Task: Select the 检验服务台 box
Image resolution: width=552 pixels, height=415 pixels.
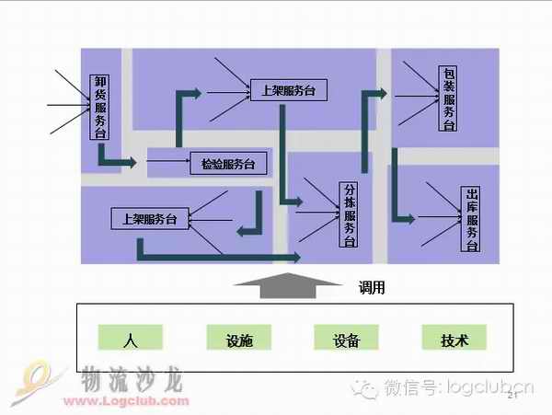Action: click(x=227, y=165)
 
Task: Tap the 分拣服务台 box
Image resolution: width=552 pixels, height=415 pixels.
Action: click(x=349, y=213)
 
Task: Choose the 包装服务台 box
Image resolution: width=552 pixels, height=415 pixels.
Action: click(x=448, y=98)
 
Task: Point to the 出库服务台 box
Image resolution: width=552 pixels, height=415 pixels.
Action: click(x=470, y=220)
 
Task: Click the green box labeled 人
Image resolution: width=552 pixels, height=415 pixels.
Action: click(x=130, y=339)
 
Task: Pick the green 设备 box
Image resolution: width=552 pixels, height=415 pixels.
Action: click(x=346, y=339)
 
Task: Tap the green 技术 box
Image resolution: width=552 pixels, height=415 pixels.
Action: click(x=454, y=339)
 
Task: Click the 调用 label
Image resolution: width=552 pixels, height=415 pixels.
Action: click(x=372, y=289)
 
